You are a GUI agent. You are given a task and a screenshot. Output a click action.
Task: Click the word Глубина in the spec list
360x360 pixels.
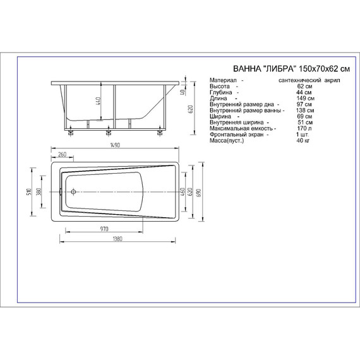[x=221, y=93]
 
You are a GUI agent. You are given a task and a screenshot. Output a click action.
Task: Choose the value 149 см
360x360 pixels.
[x=303, y=99]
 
